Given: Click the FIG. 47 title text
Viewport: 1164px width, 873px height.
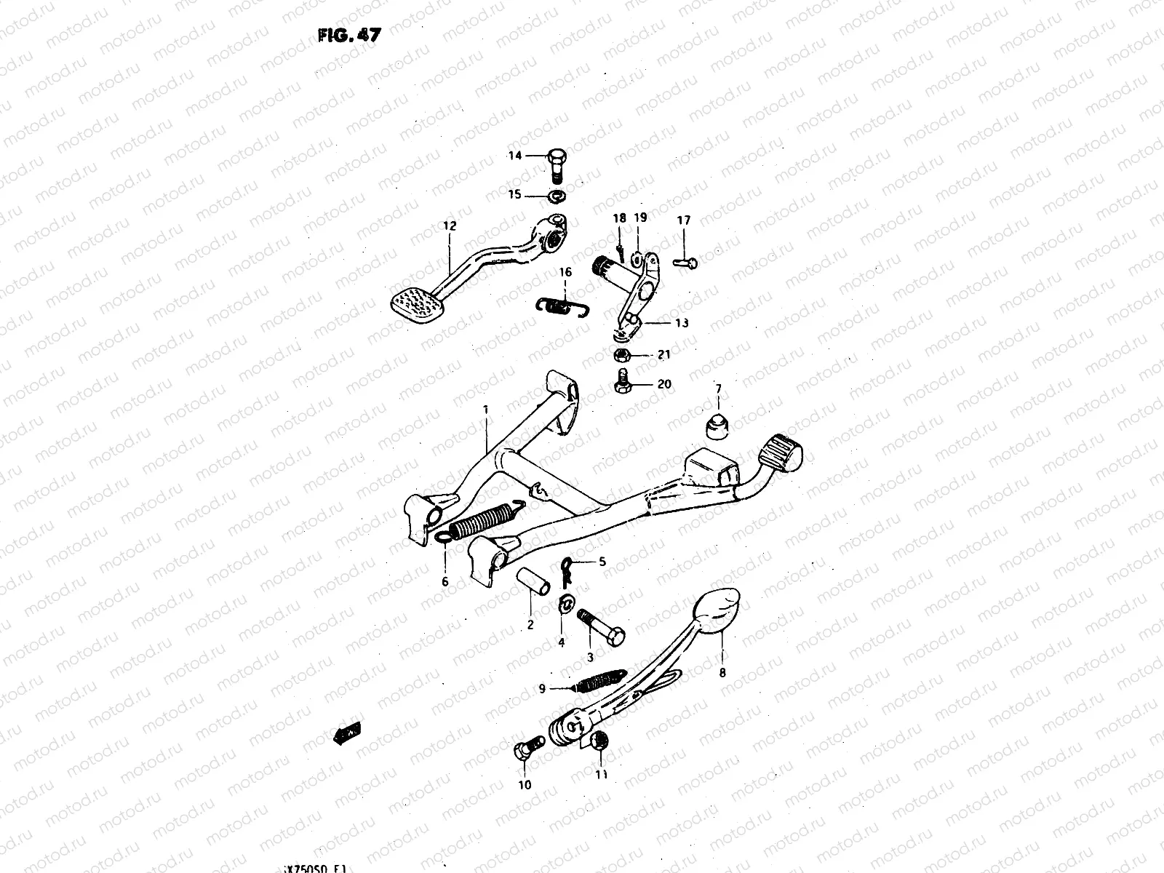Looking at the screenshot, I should click(x=348, y=36).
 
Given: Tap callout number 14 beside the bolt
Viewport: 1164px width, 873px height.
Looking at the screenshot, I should click(x=515, y=155).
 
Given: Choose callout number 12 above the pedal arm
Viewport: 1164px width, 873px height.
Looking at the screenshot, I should click(x=450, y=226).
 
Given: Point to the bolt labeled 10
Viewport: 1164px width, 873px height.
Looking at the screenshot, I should click(x=530, y=746).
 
